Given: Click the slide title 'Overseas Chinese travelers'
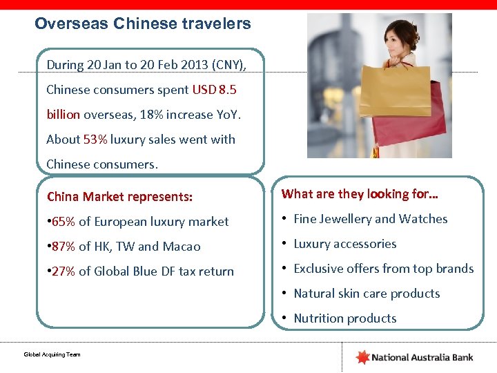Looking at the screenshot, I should pos(143,24).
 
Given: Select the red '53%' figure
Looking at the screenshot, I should pos(95,140).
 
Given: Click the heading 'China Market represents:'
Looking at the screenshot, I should pos(119,197).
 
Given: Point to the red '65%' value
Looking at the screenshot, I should pos(61,222).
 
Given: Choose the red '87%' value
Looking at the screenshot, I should pos(61,247).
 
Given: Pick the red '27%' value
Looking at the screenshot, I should pos(61,271).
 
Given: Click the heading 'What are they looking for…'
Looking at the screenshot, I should pos(360,194).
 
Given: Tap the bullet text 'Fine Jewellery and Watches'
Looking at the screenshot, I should pos(371,219).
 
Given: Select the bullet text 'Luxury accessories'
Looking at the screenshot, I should pos(345,244).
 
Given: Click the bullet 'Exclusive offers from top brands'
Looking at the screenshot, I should pos(384,269).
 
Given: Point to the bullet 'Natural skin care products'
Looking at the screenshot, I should pos(367,294).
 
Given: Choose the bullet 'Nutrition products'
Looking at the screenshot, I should pos(345,318).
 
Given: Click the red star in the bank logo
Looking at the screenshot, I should pos(362,357).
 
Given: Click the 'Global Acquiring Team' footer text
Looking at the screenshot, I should pos(52,354).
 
